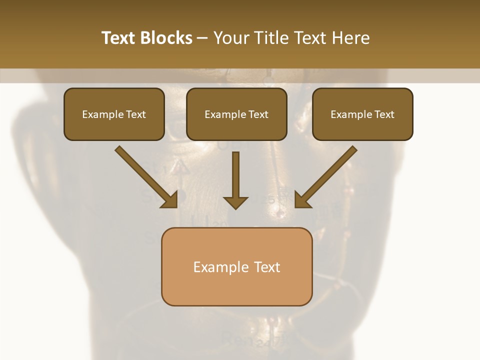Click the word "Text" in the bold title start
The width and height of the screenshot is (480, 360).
coord(118,38)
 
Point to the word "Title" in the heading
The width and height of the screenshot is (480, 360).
coord(273,38)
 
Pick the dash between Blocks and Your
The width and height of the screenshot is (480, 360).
coord(203,38)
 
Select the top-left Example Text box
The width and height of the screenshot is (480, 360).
coord(114,114)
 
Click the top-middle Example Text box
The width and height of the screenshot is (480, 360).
coord(236,114)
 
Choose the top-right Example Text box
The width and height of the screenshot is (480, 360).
coord(362,114)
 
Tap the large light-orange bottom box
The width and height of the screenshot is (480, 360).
coord(236,266)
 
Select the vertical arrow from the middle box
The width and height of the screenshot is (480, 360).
coord(235,175)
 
